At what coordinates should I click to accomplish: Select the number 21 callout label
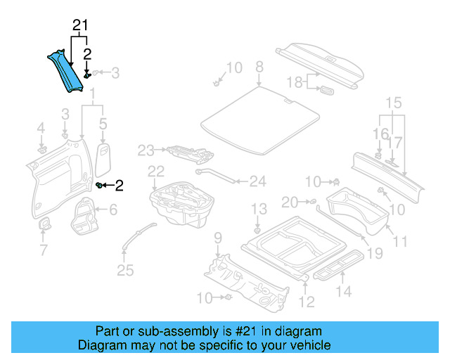81,27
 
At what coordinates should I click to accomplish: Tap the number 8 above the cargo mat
259,67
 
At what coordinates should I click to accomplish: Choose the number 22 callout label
156,171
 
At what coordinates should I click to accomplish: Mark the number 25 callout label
125,270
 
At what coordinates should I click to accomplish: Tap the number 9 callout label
218,237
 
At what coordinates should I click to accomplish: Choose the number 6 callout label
113,210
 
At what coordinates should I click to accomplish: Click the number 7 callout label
43,250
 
